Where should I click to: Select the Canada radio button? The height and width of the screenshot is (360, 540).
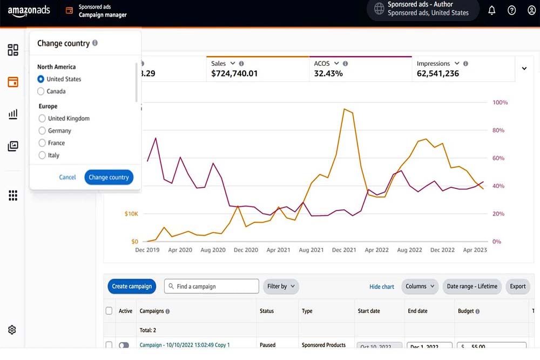tap(42, 92)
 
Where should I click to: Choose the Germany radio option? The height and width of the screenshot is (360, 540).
tap(42, 131)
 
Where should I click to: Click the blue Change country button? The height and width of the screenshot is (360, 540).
tap(109, 177)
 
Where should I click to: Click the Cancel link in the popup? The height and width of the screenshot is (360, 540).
tap(67, 177)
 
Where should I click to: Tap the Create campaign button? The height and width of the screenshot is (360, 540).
tap(132, 287)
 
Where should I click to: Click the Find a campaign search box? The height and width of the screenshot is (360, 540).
tap(212, 287)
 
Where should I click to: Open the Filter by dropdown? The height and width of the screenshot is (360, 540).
tap(281, 287)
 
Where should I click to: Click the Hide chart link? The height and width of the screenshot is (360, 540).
tap(382, 287)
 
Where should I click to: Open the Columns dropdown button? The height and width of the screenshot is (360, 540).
tap(420, 287)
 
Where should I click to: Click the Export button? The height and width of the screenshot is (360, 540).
tap(517, 287)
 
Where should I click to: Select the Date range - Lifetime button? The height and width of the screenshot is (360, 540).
tap(472, 287)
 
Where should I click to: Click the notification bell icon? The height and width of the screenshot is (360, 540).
tap(492, 10)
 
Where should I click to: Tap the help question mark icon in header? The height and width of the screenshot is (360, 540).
tap(512, 10)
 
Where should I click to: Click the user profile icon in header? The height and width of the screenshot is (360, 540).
tap(531, 10)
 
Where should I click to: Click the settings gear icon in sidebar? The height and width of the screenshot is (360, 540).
tap(12, 330)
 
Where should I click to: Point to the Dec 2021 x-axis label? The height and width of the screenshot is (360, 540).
tap(344, 250)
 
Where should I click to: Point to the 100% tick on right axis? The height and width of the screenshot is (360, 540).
tap(500, 103)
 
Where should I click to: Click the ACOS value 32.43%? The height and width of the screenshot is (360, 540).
tap(328, 73)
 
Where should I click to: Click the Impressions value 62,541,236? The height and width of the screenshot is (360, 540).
tap(438, 73)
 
